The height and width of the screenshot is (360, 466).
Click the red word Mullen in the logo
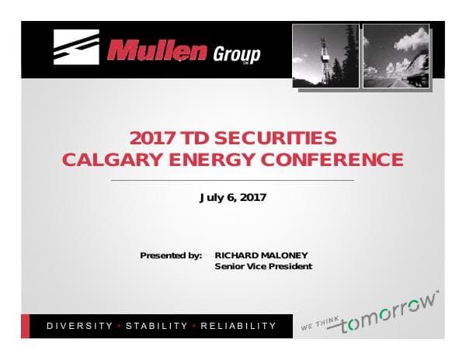157,51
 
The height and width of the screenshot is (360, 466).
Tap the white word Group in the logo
237,54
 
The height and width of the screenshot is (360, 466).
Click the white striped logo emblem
76,47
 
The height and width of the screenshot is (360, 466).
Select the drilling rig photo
325,56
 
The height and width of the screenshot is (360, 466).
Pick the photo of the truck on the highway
396,56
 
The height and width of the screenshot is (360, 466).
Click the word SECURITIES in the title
276,138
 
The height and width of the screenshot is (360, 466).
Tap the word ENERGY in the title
212,160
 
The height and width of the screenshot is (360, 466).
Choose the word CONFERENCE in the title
332,160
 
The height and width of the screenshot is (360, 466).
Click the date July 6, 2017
233,198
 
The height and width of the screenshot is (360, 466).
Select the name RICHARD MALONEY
261,255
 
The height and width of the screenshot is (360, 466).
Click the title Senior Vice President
263,266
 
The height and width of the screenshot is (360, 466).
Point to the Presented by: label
171,255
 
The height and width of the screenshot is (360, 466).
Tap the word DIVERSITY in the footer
80,326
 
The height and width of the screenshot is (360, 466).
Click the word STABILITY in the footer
157,326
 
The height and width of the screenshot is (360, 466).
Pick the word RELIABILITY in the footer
238,326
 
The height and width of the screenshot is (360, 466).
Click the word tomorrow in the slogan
388,313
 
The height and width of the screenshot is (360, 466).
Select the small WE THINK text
320,324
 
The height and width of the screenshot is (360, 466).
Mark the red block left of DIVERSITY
26,326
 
